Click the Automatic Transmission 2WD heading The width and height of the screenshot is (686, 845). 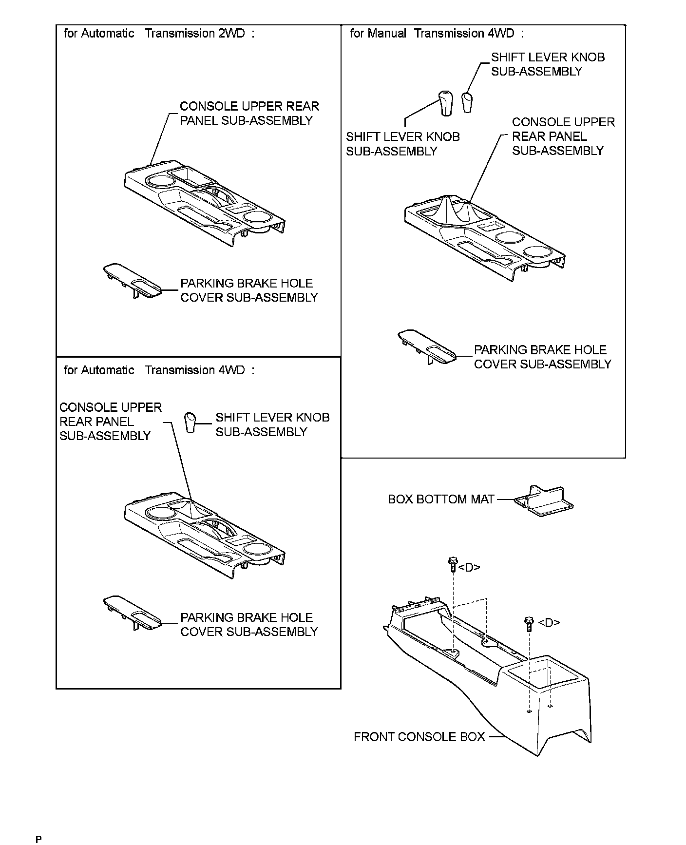pos(159,34)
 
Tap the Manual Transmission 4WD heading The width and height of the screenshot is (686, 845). pos(437,34)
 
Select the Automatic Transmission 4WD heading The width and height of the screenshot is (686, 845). pos(159,370)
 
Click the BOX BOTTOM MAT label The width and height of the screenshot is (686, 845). pos(441,499)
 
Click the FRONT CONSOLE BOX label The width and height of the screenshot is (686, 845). pos(419,736)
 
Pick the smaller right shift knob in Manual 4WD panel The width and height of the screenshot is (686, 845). pos(467,101)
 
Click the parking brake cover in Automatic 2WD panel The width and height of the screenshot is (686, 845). pos(132,282)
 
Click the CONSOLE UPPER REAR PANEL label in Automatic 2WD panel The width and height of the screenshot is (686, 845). pos(249,114)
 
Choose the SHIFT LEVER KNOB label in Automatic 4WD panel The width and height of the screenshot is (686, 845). pos(272,424)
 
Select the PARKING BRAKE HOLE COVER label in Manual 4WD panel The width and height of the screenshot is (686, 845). pos(542,357)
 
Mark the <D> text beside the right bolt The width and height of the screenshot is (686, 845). pos(549,622)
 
